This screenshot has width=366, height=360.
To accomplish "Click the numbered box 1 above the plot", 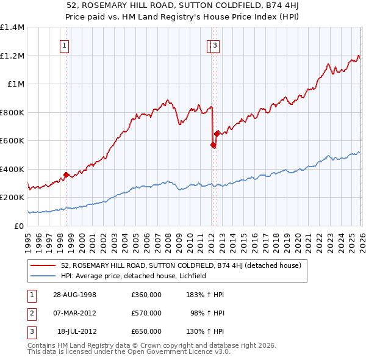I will click(65, 45).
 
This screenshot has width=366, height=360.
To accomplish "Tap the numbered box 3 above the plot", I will click(215, 45).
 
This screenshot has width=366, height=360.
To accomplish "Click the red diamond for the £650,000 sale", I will click(217, 133).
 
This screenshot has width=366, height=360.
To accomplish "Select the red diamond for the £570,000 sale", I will click(213, 145).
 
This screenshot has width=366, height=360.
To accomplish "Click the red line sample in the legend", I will click(43, 265).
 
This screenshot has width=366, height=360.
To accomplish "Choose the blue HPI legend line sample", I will click(43, 276).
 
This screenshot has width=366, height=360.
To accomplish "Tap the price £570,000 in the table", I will click(146, 313).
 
